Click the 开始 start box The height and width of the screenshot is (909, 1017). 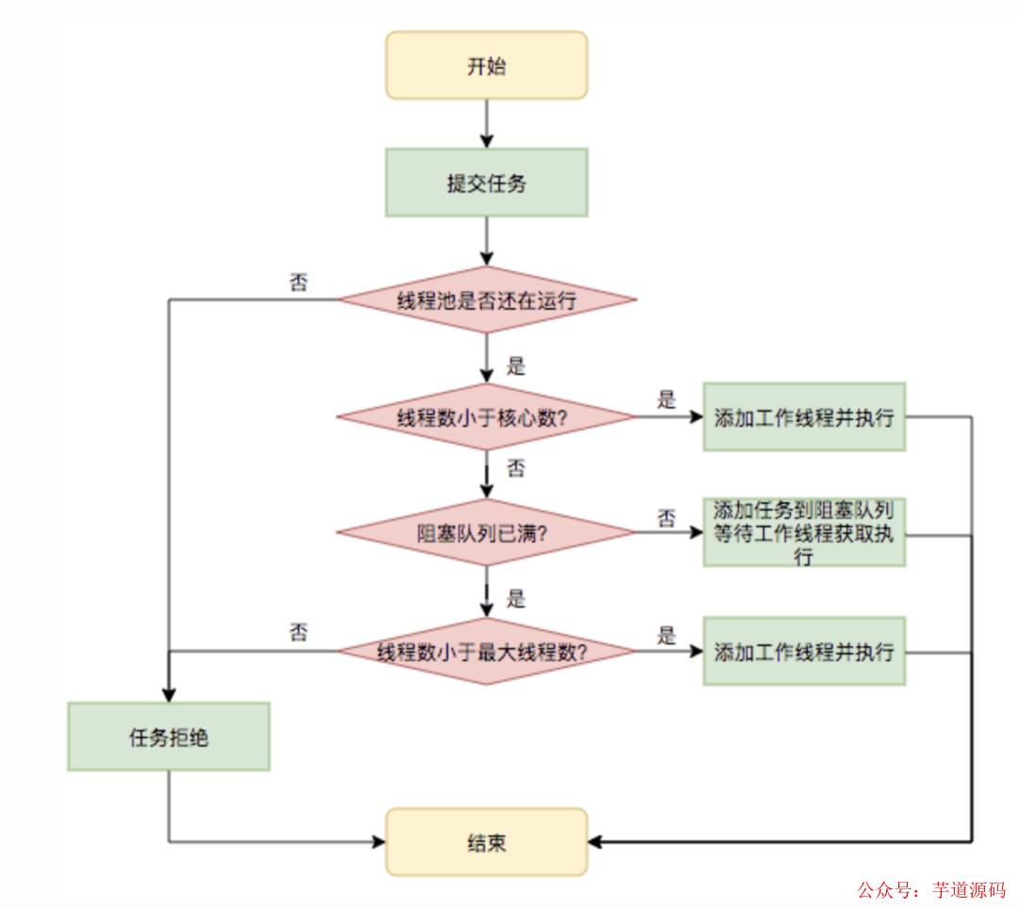(486, 65)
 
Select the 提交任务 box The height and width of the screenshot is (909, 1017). (486, 183)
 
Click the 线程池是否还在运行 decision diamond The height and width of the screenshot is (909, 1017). (486, 300)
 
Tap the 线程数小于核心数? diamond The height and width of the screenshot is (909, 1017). (486, 417)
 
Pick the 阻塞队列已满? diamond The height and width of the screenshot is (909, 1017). (486, 533)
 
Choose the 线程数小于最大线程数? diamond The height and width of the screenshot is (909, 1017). (486, 651)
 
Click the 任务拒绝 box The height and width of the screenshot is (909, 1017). (169, 737)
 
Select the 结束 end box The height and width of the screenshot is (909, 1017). (486, 842)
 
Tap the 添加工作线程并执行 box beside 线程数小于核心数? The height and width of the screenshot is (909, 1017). (803, 417)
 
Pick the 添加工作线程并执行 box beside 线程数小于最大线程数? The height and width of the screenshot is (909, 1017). (803, 651)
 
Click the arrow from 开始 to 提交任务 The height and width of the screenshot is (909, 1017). (486, 122)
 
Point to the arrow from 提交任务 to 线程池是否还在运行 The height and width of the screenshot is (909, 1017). (486, 240)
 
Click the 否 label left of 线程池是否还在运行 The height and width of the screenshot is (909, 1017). (299, 282)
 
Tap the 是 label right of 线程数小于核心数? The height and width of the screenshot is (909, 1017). (667, 399)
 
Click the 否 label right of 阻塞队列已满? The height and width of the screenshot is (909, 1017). (667, 517)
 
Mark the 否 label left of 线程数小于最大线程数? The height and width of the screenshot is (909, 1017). (299, 632)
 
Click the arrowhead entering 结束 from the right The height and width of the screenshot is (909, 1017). (596, 841)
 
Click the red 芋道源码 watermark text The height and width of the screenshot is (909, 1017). (969, 889)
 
